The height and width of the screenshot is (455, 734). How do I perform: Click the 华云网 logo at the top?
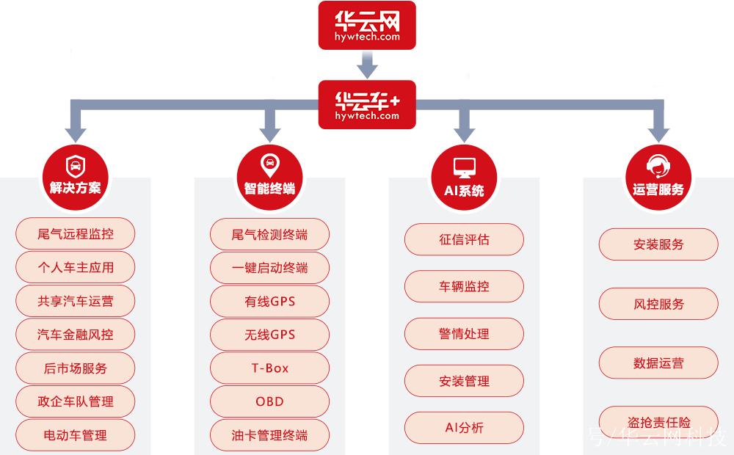tap(366, 25)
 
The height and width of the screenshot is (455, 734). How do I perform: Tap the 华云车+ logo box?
tap(366, 104)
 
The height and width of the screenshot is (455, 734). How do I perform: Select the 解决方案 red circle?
tap(75, 176)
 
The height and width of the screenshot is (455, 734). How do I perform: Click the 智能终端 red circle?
tap(269, 176)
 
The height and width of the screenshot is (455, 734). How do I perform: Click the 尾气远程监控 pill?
tap(76, 235)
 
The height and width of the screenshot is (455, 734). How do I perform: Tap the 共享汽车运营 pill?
tap(76, 302)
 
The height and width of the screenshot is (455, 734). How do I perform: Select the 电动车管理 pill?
tap(76, 435)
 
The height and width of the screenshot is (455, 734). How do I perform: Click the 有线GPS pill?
tap(269, 302)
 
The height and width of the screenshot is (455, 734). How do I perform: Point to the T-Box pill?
tap(269, 368)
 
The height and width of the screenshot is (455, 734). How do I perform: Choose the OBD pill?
tap(269, 401)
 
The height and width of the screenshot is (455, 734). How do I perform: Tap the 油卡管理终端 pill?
tap(269, 435)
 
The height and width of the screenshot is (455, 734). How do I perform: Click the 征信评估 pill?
tap(465, 239)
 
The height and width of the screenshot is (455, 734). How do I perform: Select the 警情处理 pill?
tap(465, 334)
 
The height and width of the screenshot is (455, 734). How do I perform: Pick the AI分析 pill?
tap(465, 428)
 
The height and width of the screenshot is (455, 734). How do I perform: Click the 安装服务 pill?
tap(658, 244)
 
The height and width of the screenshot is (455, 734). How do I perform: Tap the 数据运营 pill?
tap(658, 363)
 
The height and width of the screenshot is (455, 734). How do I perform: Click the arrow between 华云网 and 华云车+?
tap(366, 66)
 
